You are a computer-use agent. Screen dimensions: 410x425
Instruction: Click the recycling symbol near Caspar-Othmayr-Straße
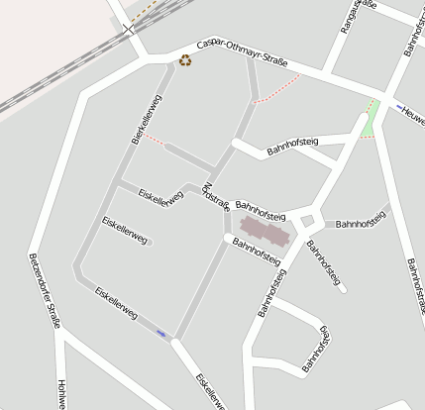click(185, 61)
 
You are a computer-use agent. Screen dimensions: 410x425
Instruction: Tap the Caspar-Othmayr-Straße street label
click(242, 55)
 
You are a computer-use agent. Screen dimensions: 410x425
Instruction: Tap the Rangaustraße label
click(358, 18)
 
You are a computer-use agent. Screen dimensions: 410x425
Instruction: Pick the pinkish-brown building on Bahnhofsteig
click(263, 232)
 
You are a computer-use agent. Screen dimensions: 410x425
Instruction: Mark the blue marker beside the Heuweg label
click(399, 106)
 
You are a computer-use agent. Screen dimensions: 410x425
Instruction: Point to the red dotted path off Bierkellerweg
click(155, 140)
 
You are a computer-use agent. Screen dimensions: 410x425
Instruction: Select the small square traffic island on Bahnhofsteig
click(307, 221)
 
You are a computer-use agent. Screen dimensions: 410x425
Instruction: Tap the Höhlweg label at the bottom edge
click(61, 394)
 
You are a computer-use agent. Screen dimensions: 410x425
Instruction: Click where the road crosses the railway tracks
click(129, 30)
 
